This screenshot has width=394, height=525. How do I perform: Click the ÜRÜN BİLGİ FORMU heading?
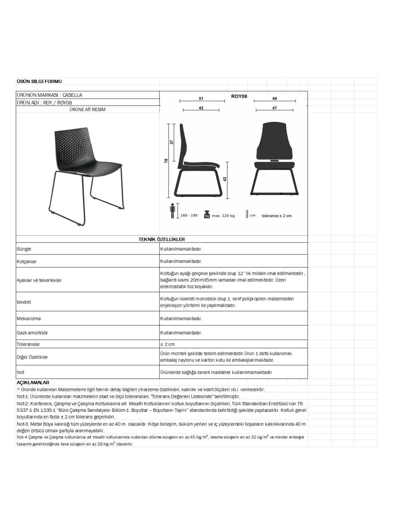[x=39, y=81]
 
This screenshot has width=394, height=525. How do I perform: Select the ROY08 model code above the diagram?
[x=239, y=96]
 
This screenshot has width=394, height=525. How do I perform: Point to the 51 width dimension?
[x=201, y=98]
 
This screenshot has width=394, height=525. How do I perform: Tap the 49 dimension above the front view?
[x=274, y=98]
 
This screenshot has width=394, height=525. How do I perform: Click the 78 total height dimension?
[x=166, y=160]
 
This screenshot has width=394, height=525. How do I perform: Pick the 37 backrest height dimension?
[x=171, y=142]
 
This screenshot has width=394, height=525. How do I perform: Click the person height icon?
[x=172, y=211]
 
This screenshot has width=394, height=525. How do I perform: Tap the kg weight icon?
[x=207, y=214]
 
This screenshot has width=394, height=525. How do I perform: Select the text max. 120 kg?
[x=223, y=216]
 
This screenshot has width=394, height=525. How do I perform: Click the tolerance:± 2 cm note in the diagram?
[x=276, y=216]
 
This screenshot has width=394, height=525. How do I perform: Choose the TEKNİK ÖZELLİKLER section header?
[x=162, y=239]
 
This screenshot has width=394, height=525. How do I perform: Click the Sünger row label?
[x=24, y=249]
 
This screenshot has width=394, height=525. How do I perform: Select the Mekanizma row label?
[x=29, y=318]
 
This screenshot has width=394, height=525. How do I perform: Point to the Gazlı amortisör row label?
[x=32, y=332]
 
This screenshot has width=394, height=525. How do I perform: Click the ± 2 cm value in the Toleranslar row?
[x=167, y=344]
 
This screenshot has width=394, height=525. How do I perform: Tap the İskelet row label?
[x=24, y=302]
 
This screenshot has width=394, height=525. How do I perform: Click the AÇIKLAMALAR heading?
[x=33, y=382]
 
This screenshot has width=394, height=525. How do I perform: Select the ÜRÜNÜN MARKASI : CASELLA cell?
[x=50, y=95]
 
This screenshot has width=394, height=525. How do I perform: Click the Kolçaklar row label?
[x=27, y=262]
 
